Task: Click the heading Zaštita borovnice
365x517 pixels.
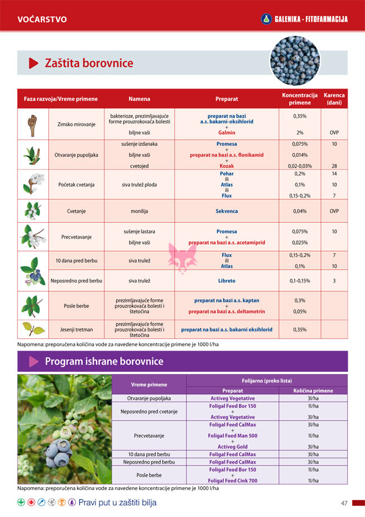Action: (89, 63)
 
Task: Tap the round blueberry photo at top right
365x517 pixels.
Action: (295, 60)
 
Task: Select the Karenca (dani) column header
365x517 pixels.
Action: (334, 99)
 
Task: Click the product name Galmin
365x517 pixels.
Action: (226, 133)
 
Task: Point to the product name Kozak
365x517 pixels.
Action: (226, 166)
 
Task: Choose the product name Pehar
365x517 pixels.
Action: (226, 174)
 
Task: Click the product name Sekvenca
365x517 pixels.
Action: (226, 211)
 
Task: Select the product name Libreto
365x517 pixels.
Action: (226, 281)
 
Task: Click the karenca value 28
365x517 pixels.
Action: (334, 166)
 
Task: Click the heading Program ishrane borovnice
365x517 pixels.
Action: (104, 361)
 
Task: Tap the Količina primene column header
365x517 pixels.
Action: (313, 390)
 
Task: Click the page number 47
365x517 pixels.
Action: (344, 503)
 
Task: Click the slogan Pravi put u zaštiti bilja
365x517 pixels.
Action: (117, 502)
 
